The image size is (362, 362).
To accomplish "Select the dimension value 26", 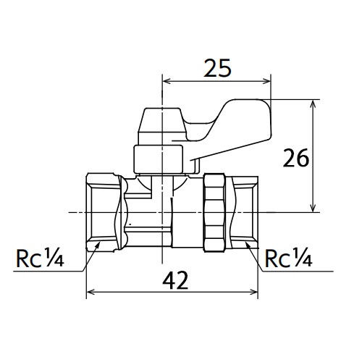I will tap(298, 157).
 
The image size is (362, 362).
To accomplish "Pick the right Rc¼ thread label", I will tap(288, 258).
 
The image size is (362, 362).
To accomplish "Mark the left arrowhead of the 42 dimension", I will tap(90, 294).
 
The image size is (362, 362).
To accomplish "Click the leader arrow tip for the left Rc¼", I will tap(97, 246).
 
